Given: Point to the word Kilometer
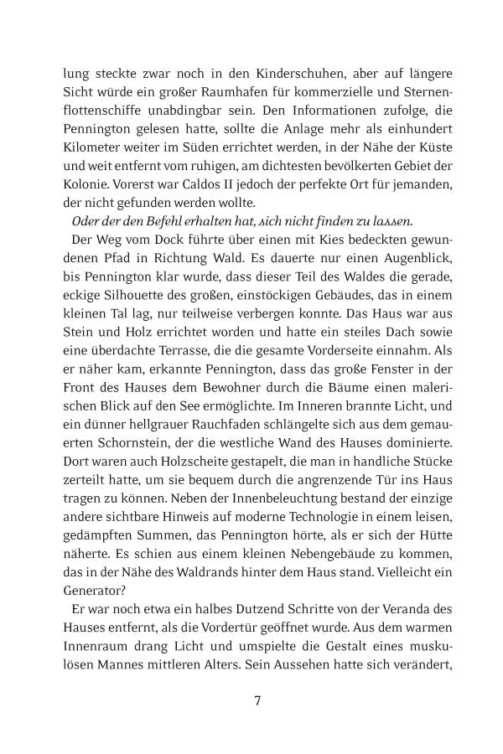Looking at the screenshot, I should pyautogui.click(x=91, y=159).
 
